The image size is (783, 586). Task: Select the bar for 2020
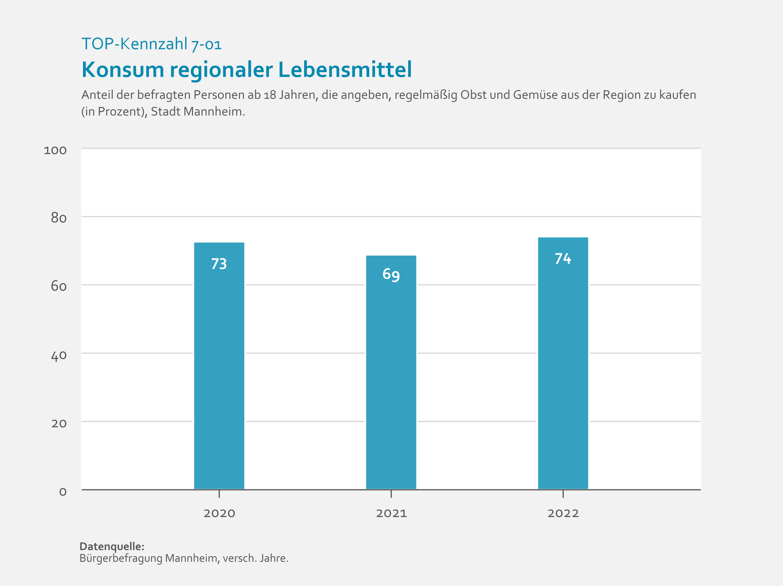pos(219,366)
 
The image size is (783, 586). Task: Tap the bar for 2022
pos(563,364)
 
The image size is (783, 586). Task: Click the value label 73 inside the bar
pos(219,264)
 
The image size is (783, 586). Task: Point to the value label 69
pos(391,275)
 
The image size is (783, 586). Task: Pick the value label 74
pos(563,259)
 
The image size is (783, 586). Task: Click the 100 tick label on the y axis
pos(55,150)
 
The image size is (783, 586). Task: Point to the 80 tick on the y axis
pos(59,218)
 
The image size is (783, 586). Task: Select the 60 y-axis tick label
pos(59,286)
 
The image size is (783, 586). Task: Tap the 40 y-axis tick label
pos(59,355)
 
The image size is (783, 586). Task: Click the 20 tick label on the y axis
pos(59,423)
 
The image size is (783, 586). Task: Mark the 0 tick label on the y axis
pos(63,492)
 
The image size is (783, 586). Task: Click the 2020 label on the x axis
pos(219,513)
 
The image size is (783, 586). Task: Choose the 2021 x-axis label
pos(391,513)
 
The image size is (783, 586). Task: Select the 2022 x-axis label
pos(563,513)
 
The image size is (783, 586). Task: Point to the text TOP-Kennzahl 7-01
pos(151,44)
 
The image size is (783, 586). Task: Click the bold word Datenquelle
pos(112,546)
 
